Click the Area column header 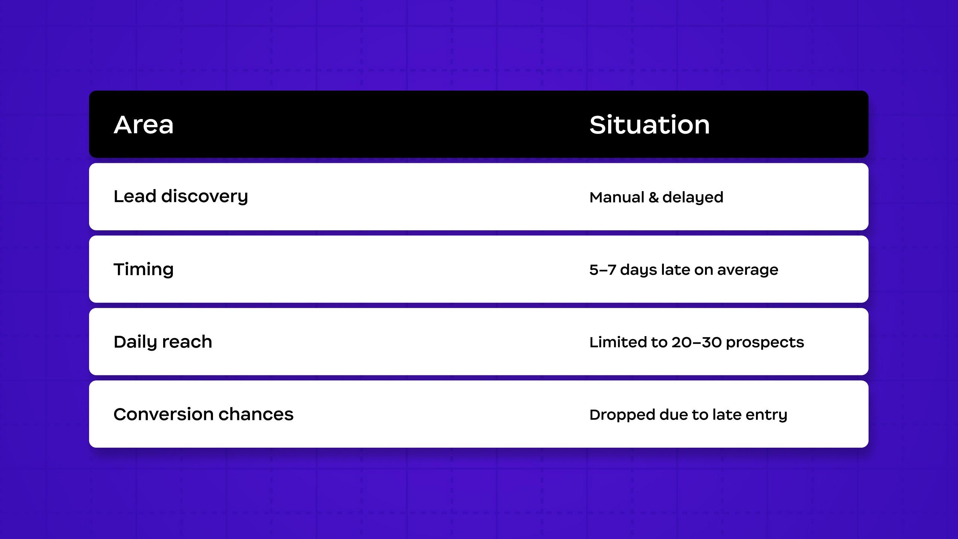(x=144, y=125)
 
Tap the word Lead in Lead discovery (x=135, y=196)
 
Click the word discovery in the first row (x=205, y=197)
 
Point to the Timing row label (x=144, y=270)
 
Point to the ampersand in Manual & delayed (x=653, y=197)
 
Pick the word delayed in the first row (x=693, y=198)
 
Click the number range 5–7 (x=602, y=270)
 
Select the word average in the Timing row (x=748, y=270)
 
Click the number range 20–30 (x=696, y=342)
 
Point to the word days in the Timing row (x=638, y=270)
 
